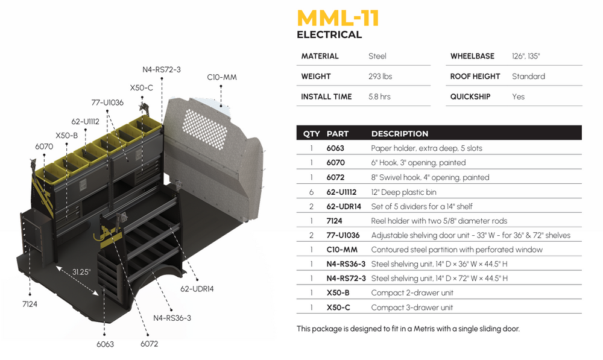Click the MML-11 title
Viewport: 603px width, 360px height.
click(338, 18)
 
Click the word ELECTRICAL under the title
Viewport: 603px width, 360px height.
click(329, 35)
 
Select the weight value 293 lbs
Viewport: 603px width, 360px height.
click(380, 77)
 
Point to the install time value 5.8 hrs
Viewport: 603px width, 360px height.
click(379, 96)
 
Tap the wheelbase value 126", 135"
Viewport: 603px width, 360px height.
click(526, 56)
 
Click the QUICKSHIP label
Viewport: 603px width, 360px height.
click(470, 96)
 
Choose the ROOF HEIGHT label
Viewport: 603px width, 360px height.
click(475, 77)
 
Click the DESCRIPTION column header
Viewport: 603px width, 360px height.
click(400, 134)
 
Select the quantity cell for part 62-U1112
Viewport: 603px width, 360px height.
click(311, 192)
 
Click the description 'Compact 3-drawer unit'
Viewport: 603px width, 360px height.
click(412, 308)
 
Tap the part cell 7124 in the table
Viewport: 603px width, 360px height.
click(335, 221)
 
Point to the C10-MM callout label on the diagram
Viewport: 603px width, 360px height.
click(222, 77)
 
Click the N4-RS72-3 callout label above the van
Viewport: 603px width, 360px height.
click(162, 69)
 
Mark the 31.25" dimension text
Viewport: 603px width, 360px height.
click(81, 272)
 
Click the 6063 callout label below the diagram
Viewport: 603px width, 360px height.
click(105, 344)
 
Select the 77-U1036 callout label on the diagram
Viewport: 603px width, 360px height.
click(107, 103)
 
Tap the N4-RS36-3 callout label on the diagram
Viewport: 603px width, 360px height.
click(172, 318)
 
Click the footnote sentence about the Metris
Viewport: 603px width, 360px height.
click(408, 329)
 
